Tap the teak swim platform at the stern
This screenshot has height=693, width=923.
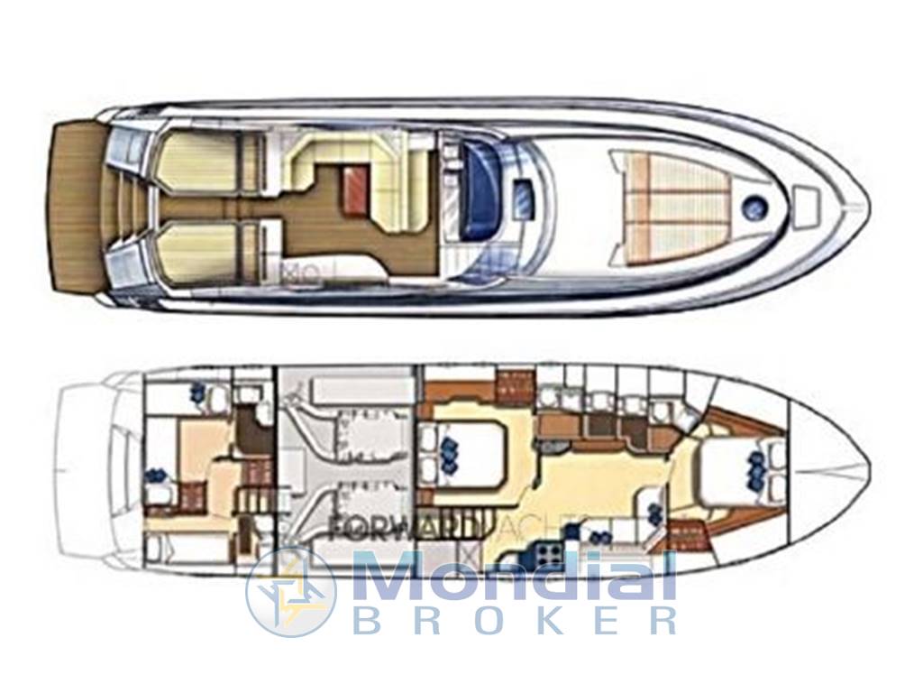[74, 208]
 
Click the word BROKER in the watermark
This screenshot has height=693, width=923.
[514, 622]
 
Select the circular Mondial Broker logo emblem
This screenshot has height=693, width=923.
[290, 591]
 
